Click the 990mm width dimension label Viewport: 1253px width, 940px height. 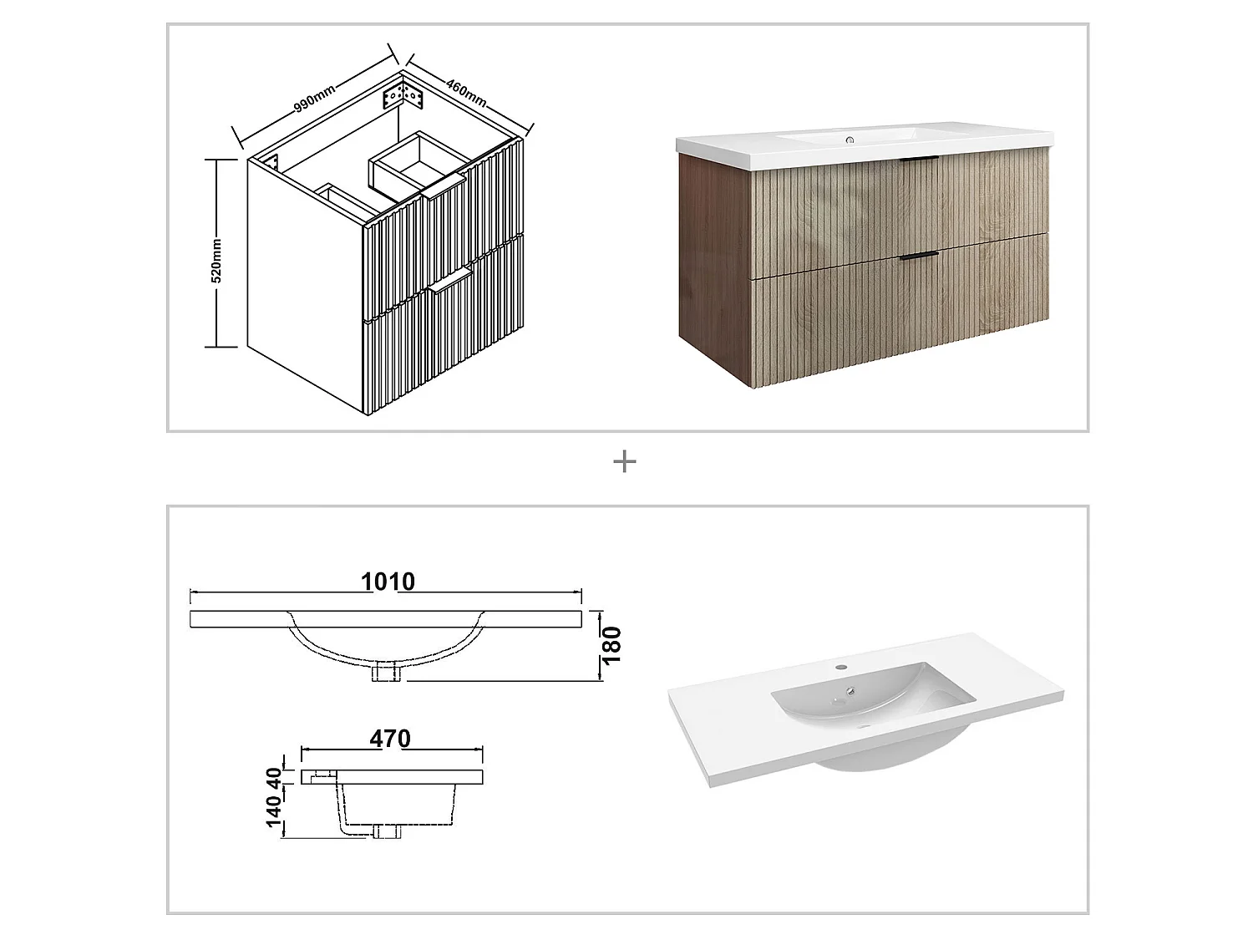coord(314,98)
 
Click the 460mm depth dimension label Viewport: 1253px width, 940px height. coord(466,93)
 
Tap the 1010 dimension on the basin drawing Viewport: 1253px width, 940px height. coord(388,582)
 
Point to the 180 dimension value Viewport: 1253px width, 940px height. coord(612,644)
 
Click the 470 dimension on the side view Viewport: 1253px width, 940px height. coord(390,739)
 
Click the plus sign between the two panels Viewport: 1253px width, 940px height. coord(625,461)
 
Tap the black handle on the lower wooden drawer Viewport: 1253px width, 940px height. coord(920,255)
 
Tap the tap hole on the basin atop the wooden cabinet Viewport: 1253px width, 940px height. coord(850,139)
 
